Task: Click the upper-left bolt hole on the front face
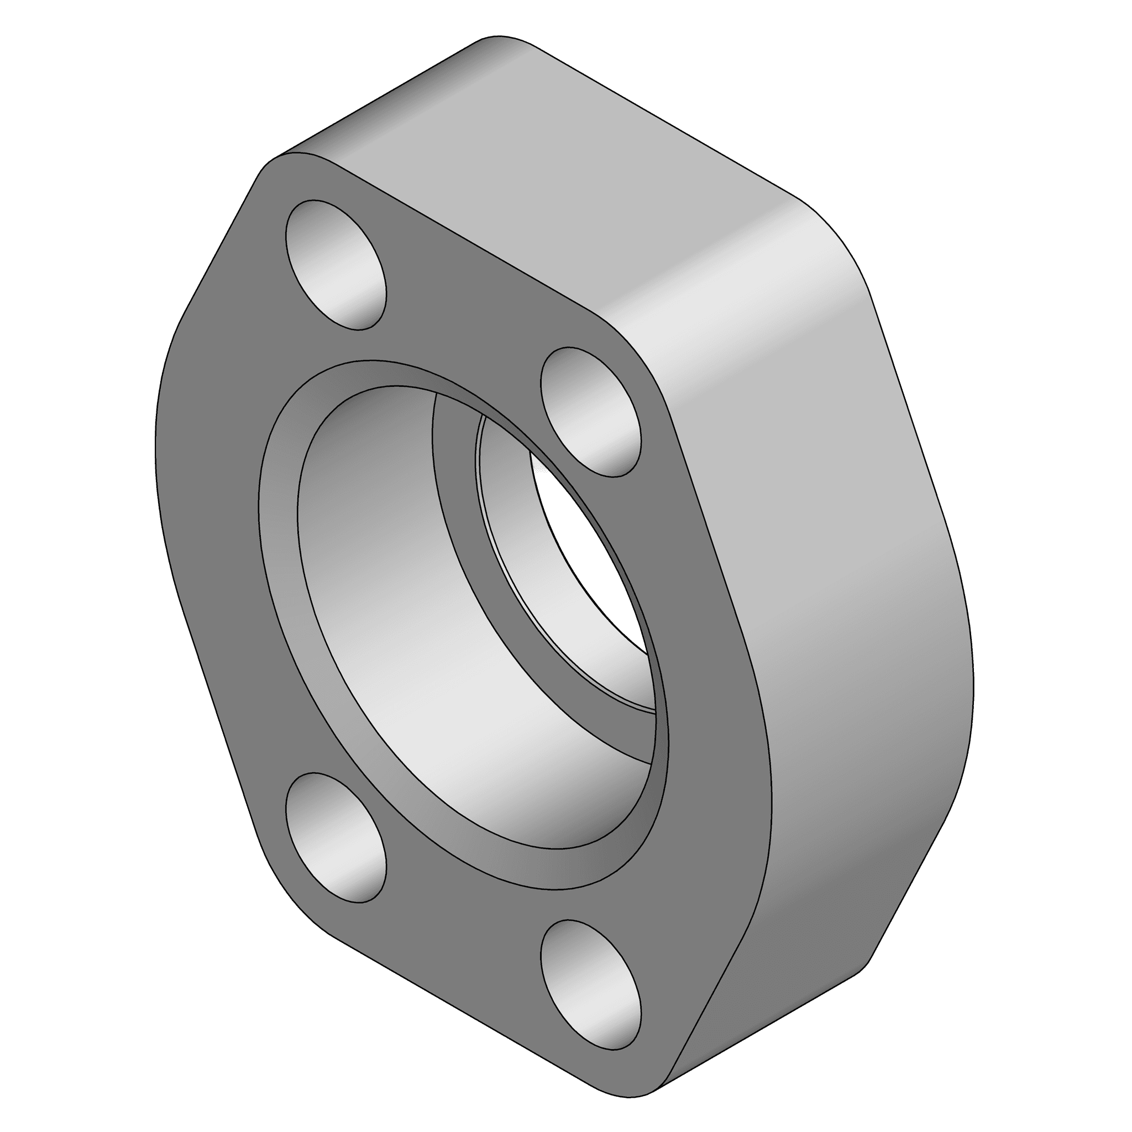pos(335,265)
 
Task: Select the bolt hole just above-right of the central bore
pos(590,411)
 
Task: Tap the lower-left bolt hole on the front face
pos(335,837)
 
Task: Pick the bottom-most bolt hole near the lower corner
pos(590,985)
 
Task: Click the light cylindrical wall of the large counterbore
pos(410,644)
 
